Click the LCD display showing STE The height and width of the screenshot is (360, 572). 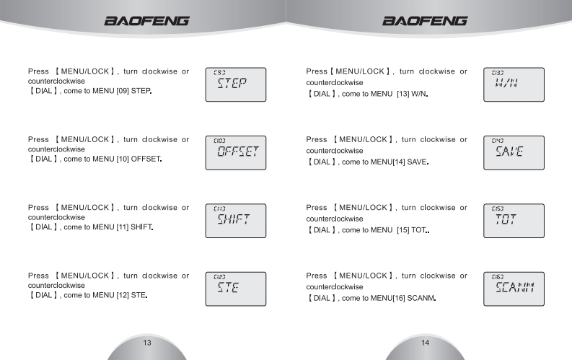pyautogui.click(x=235, y=289)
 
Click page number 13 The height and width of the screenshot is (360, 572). pyautogui.click(x=146, y=342)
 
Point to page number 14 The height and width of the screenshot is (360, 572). pyautogui.click(x=426, y=342)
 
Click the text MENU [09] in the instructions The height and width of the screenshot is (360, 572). pyautogui.click(x=110, y=92)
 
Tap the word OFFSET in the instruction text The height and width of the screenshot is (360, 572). pyautogui.click(x=143, y=159)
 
